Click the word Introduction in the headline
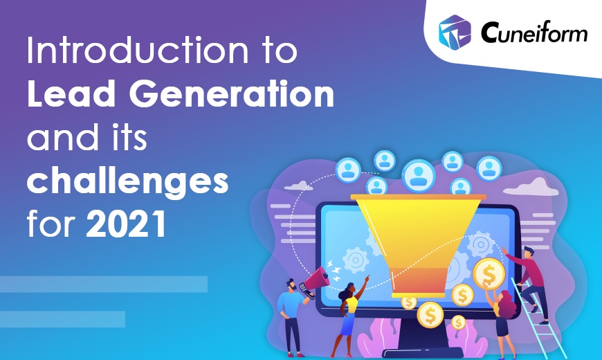pyautogui.click(x=138, y=51)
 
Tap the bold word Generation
pyautogui.click(x=232, y=93)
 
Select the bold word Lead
pyautogui.click(x=71, y=93)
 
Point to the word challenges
pyautogui.click(x=127, y=181)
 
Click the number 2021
pyautogui.click(x=126, y=224)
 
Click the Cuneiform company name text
pyautogui.click(x=534, y=32)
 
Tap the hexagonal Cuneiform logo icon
pyautogui.click(x=455, y=33)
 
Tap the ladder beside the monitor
pyautogui.click(x=538, y=319)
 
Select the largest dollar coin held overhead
pyautogui.click(x=489, y=273)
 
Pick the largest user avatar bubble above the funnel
pyautogui.click(x=419, y=175)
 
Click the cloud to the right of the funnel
pyautogui.click(x=531, y=187)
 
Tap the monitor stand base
pyautogui.click(x=422, y=352)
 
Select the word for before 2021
pyautogui.click(x=51, y=223)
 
